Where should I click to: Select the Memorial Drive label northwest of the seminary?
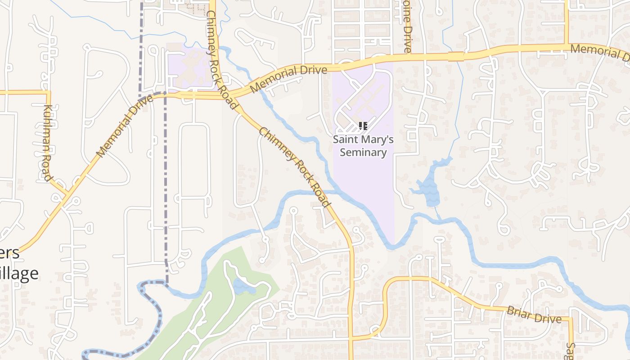pyautogui.click(x=288, y=79)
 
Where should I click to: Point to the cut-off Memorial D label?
pyautogui.click(x=599, y=53)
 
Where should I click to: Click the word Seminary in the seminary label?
pyautogui.click(x=363, y=152)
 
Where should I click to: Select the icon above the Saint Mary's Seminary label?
pyautogui.click(x=363, y=126)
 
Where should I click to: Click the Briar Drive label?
pyautogui.click(x=534, y=315)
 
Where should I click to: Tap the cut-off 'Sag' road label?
pyautogui.click(x=570, y=351)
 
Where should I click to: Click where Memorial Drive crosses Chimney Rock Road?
pyautogui.click(x=234, y=95)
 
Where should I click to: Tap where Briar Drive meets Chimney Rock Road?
pyautogui.click(x=351, y=338)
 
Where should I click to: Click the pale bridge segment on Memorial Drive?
pyautogui.click(x=455, y=56)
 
